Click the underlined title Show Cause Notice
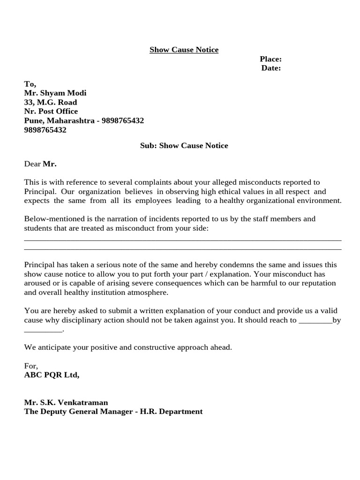pos(184,50)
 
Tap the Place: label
pos(270,59)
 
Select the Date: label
pos(271,68)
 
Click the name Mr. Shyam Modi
pos(55,93)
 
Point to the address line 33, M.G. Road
pos(51,102)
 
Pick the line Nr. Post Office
pos(51,111)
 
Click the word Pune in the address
pos(32,120)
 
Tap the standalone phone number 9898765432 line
pos(45,130)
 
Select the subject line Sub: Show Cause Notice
pos(184,145)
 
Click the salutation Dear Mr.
pos(40,164)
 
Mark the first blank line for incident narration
pos(183,240)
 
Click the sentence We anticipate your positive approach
pos(128,347)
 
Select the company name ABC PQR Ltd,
pos(52,375)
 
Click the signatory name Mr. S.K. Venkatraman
pos(66,402)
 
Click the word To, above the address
pos(30,83)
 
